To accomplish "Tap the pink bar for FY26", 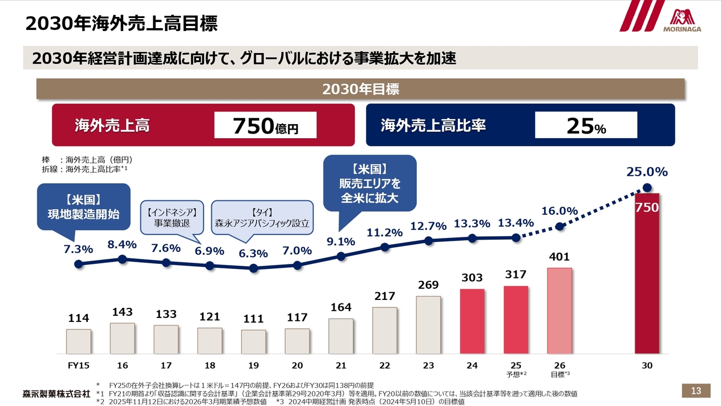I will coord(559,311).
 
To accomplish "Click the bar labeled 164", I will coord(341,336).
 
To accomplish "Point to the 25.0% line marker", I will coord(647,188).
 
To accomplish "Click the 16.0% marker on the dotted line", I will coord(560,226).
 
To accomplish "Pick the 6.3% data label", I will coord(253,254).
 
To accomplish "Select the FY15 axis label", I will coord(78,365).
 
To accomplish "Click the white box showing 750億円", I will coord(265,125).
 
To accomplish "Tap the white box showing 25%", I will coord(586,125).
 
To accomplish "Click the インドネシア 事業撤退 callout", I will coord(172,218).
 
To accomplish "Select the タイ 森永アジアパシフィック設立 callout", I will coord(262,218).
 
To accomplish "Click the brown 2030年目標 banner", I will coord(360,89).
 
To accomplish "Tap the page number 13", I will coord(696,391).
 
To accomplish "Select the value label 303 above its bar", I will coord(472,277).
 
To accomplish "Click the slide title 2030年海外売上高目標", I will coord(121,24).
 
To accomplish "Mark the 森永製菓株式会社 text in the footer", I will coord(56,392).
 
